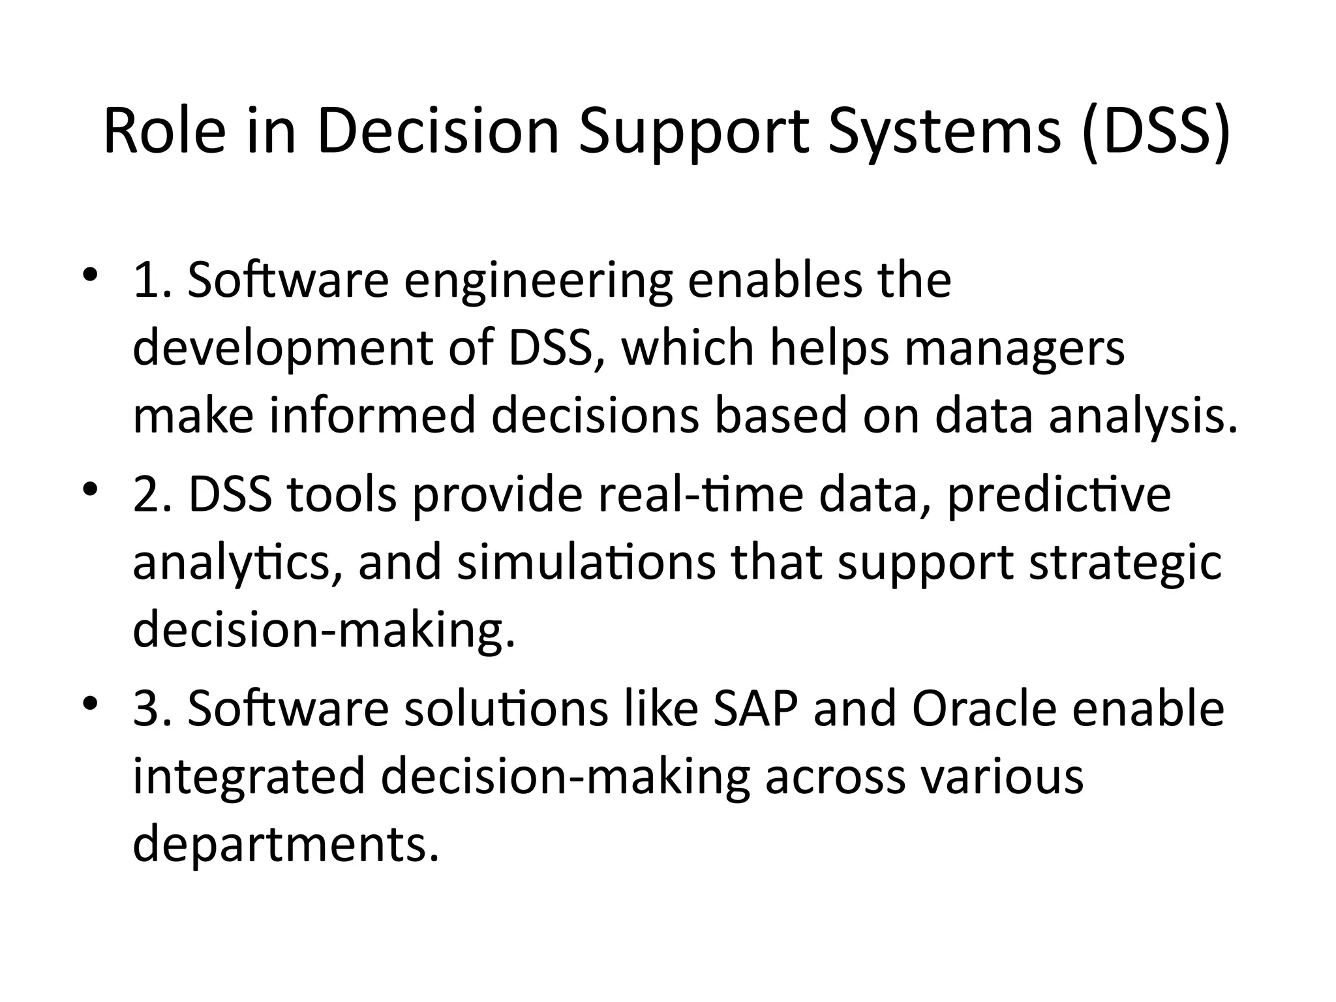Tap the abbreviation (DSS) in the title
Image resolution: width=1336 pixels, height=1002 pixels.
pyautogui.click(x=1155, y=132)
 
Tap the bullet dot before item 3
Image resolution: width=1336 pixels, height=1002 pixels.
pyautogui.click(x=90, y=703)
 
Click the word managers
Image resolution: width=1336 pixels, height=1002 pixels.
pyautogui.click(x=1014, y=348)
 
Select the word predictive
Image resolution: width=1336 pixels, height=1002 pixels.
pyautogui.click(x=1058, y=496)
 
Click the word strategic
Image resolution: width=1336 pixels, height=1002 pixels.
pyautogui.click(x=1125, y=564)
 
